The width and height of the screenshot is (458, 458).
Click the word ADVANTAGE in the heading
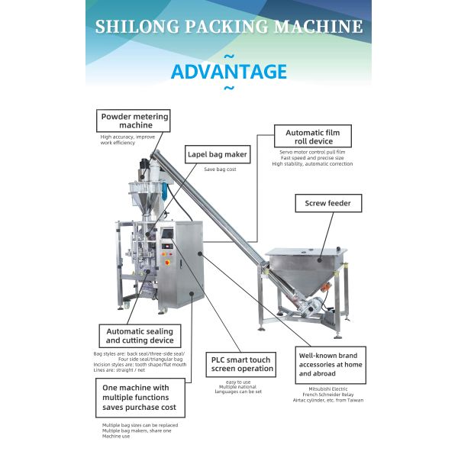[x=229, y=73]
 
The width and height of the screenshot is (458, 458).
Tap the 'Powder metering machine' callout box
[x=134, y=121]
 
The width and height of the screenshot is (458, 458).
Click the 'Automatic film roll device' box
[x=308, y=137]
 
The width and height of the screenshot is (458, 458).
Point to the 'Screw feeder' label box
[x=328, y=203]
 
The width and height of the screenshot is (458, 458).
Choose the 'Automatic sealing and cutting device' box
[x=139, y=336]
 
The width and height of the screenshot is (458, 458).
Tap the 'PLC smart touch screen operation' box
[x=242, y=363]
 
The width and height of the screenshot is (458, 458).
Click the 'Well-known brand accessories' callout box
[x=331, y=364]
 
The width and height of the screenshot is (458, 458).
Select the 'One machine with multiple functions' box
[x=139, y=398]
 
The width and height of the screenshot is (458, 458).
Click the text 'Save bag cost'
[x=220, y=169]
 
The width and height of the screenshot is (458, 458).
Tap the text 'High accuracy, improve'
[x=128, y=137]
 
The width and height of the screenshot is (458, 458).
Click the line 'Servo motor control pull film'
[x=308, y=152]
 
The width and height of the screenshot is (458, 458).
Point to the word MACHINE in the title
[x=314, y=27]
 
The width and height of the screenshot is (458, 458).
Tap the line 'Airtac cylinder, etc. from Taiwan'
[x=331, y=400]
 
